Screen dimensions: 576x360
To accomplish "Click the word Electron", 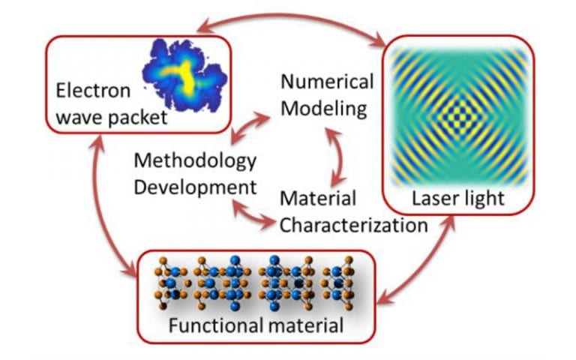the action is (93, 90).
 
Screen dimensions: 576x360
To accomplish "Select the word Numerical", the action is (327, 81).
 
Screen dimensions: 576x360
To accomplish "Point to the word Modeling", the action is (324, 109).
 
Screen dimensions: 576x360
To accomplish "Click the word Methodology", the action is (195, 161).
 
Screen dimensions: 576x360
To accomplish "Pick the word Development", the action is (195, 187).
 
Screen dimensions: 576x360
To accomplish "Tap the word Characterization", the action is (354, 225).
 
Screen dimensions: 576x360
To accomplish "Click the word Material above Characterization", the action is (318, 198).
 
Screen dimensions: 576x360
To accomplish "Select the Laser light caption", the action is (458, 199).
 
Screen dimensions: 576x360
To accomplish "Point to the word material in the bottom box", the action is (306, 325).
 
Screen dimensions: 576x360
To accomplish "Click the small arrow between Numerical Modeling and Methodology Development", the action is (250, 127).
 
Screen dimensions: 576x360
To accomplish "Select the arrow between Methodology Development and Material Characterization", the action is (253, 213).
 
